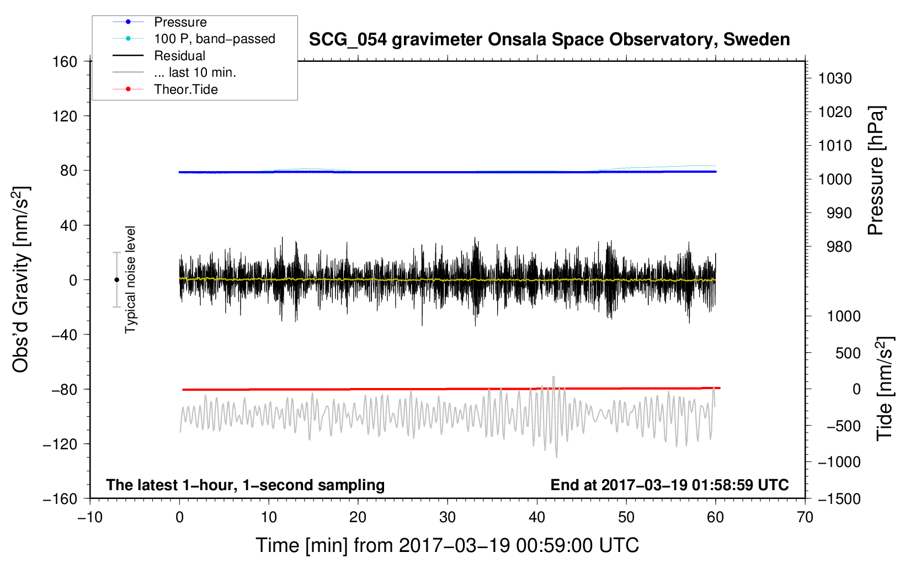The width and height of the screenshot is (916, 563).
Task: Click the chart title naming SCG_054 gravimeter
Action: point(549,40)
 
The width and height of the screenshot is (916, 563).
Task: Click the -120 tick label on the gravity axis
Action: point(60,444)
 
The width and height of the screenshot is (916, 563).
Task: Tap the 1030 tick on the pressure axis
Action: point(835,78)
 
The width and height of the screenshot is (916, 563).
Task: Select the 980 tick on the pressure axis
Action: point(839,247)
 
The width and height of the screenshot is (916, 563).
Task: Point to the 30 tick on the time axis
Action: point(448,518)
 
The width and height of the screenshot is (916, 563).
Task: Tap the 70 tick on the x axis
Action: point(805,518)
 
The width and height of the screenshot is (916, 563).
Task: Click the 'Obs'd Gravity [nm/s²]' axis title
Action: point(20,279)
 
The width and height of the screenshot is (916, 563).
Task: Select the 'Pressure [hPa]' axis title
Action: point(876,171)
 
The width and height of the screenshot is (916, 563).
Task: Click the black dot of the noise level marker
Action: point(116,280)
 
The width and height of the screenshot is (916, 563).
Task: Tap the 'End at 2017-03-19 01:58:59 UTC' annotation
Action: point(669,485)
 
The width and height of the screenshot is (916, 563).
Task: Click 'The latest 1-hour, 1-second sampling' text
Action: point(246,485)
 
